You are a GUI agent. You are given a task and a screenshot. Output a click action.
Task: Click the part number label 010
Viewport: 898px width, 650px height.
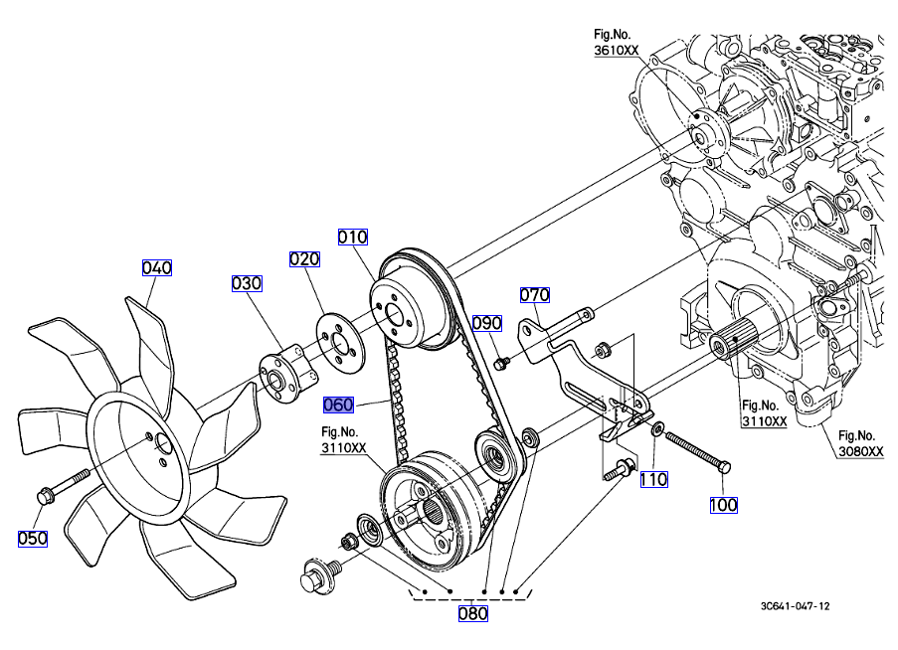(353, 237)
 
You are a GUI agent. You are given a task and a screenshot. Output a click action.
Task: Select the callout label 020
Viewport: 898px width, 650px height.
(304, 259)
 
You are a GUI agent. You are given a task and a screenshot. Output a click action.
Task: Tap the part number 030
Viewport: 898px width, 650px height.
(247, 283)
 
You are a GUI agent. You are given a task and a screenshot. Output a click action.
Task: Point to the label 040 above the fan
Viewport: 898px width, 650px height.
(157, 267)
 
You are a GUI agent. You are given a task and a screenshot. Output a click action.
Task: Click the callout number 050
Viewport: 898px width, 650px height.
(33, 538)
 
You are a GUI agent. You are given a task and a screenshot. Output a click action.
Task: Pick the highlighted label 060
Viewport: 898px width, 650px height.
(339, 405)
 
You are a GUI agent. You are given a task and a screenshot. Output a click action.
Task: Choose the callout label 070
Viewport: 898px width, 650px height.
(535, 294)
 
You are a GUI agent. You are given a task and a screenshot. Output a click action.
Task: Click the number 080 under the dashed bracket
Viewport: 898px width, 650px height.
(472, 613)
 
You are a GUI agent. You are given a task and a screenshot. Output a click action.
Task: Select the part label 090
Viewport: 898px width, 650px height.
(487, 323)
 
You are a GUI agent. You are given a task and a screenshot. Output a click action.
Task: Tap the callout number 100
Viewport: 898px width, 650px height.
(723, 505)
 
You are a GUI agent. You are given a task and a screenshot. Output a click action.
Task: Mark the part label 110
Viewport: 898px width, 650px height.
(653, 479)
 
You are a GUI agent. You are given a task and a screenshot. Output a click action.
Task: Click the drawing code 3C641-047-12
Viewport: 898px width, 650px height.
(796, 605)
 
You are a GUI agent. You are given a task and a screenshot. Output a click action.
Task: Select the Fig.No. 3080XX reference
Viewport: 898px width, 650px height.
(860, 443)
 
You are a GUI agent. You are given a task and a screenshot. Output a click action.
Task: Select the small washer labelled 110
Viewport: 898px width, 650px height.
(657, 428)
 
